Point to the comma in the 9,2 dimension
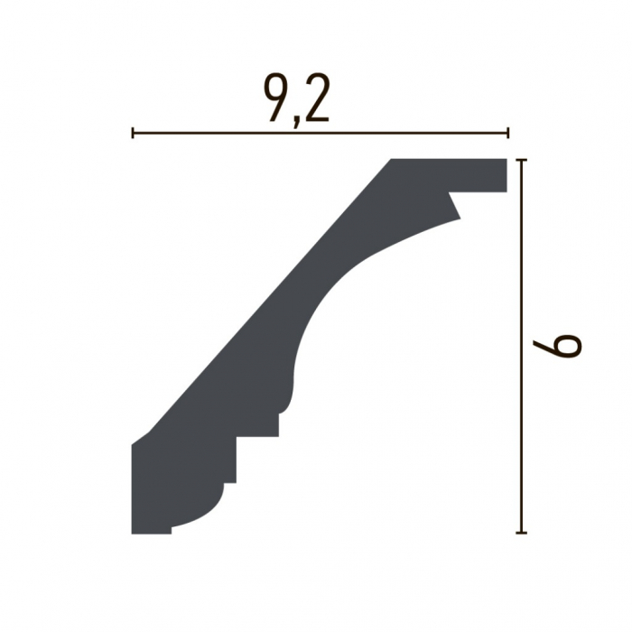click(x=294, y=116)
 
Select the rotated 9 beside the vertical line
click(x=564, y=345)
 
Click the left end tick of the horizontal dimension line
click(x=133, y=134)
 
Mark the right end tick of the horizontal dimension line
click(x=508, y=134)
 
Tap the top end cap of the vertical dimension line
click(x=521, y=160)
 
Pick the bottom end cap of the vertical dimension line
click(x=521, y=533)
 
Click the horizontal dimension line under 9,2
click(x=321, y=134)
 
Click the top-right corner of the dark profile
click(x=507, y=160)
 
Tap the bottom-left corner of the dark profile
click(x=133, y=533)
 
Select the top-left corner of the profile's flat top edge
click(x=392, y=160)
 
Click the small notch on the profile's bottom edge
click(x=171, y=529)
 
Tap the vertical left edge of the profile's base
click(x=133, y=488)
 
